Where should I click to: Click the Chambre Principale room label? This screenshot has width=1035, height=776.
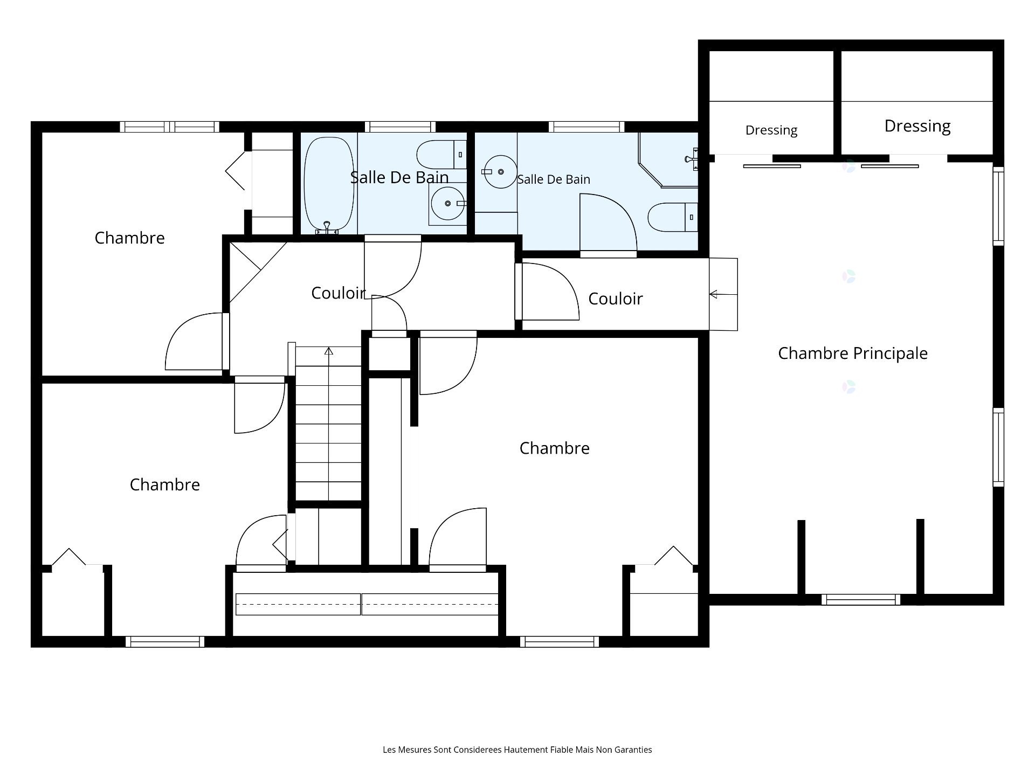point(853,354)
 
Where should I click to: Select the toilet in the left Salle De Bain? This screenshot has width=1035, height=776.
point(441,155)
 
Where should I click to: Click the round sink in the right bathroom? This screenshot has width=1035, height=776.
point(500,172)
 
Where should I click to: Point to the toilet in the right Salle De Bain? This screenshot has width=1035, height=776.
point(673,217)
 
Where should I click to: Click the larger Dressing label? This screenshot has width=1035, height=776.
point(917,126)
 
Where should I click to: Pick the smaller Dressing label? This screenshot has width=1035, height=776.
point(771,130)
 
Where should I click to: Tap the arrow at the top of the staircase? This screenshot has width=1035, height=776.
point(329,351)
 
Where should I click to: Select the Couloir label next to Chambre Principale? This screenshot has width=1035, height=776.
point(616,299)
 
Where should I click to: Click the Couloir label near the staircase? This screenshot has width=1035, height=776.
point(339,293)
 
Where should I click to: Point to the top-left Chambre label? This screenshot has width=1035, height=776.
point(129,238)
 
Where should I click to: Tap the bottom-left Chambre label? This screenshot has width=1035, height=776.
point(165,484)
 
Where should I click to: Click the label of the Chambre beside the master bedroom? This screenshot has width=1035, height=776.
point(555,448)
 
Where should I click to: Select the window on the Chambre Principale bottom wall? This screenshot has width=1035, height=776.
point(861,599)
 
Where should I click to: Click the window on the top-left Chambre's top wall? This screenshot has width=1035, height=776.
point(169,127)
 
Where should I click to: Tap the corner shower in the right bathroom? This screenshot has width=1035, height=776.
point(668,160)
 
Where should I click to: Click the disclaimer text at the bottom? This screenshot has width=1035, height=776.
point(517,750)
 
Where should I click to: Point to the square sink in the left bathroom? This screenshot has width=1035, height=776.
point(447,204)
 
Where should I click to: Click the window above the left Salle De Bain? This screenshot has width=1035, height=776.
point(400,127)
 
